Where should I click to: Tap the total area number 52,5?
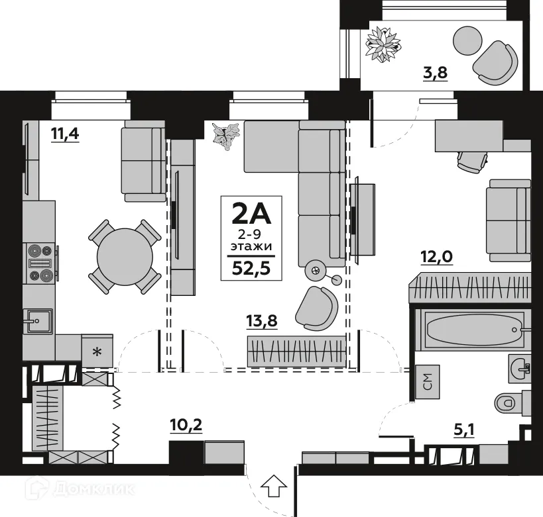click(251, 268)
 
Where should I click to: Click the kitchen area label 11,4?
click(65, 134)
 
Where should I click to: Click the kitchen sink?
click(38, 322)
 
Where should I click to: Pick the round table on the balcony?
click(467, 41)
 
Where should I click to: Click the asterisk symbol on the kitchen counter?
click(97, 352)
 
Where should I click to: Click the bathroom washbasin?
click(519, 367)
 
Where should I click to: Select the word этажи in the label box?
click(251, 247)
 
